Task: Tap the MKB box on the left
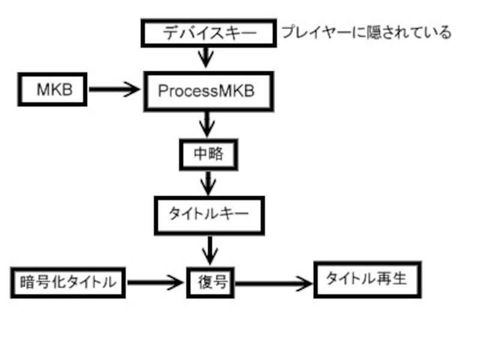tap(54, 90)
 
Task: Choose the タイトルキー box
tap(209, 215)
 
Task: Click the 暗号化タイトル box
tap(67, 281)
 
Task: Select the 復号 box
tap(212, 281)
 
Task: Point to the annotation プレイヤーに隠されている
tap(366, 32)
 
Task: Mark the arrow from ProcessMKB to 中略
tap(208, 125)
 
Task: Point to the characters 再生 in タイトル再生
tap(394, 279)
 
